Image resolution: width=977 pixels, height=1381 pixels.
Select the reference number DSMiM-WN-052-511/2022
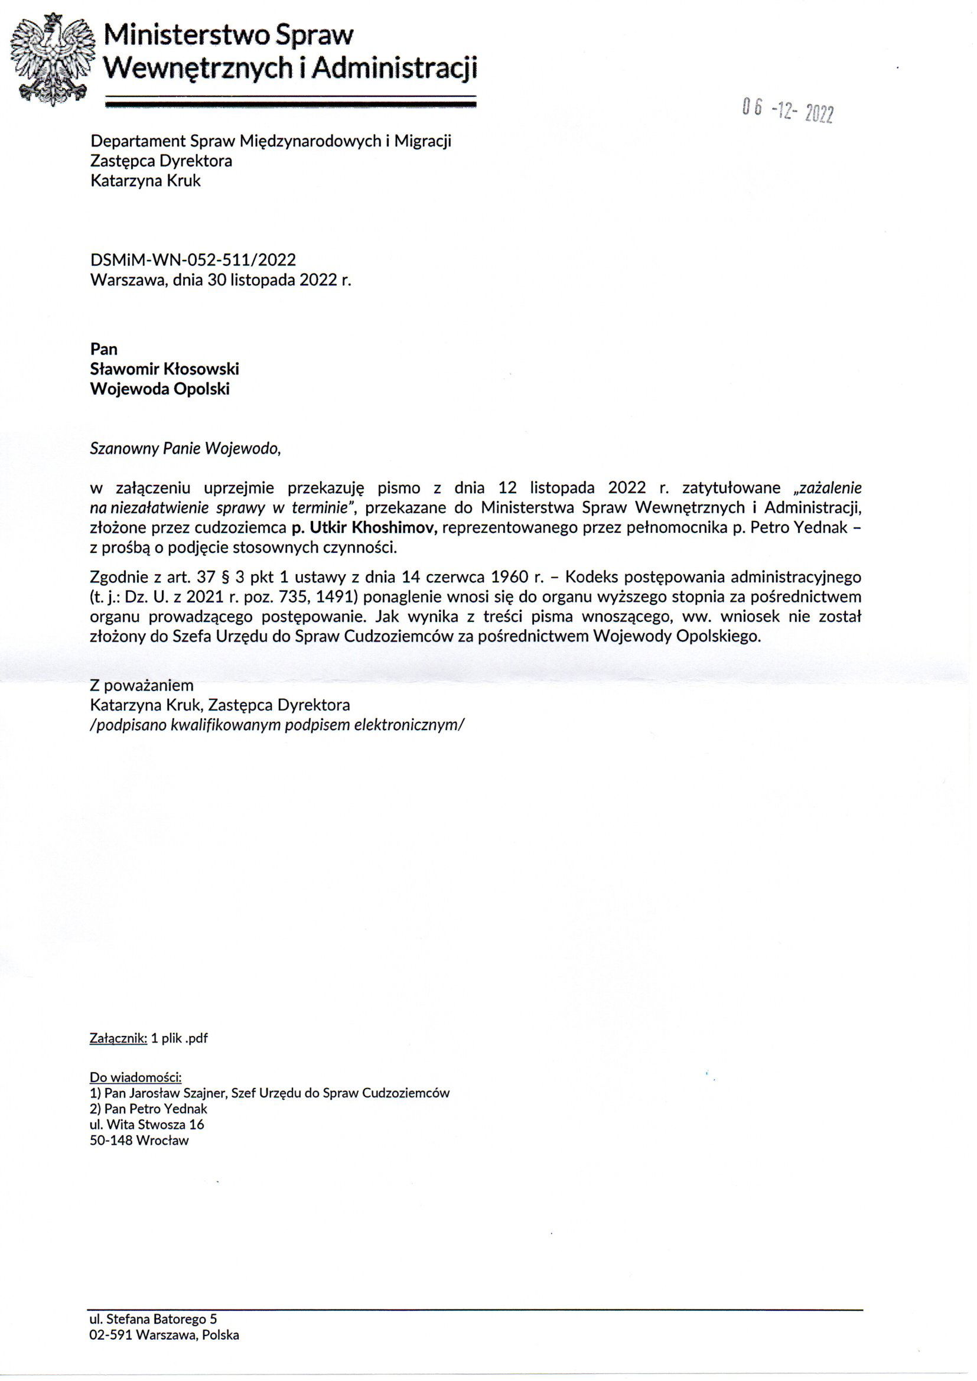193,260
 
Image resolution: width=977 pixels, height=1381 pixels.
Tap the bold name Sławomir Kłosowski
164,369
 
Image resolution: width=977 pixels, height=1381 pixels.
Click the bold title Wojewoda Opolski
159,389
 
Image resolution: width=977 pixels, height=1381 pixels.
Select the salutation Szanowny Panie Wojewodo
185,449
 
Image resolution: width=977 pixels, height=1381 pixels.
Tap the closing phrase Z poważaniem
141,685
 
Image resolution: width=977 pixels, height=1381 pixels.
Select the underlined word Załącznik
118,1038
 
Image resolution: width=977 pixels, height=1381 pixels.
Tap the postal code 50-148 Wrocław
139,1141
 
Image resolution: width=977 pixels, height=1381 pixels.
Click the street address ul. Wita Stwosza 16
147,1124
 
